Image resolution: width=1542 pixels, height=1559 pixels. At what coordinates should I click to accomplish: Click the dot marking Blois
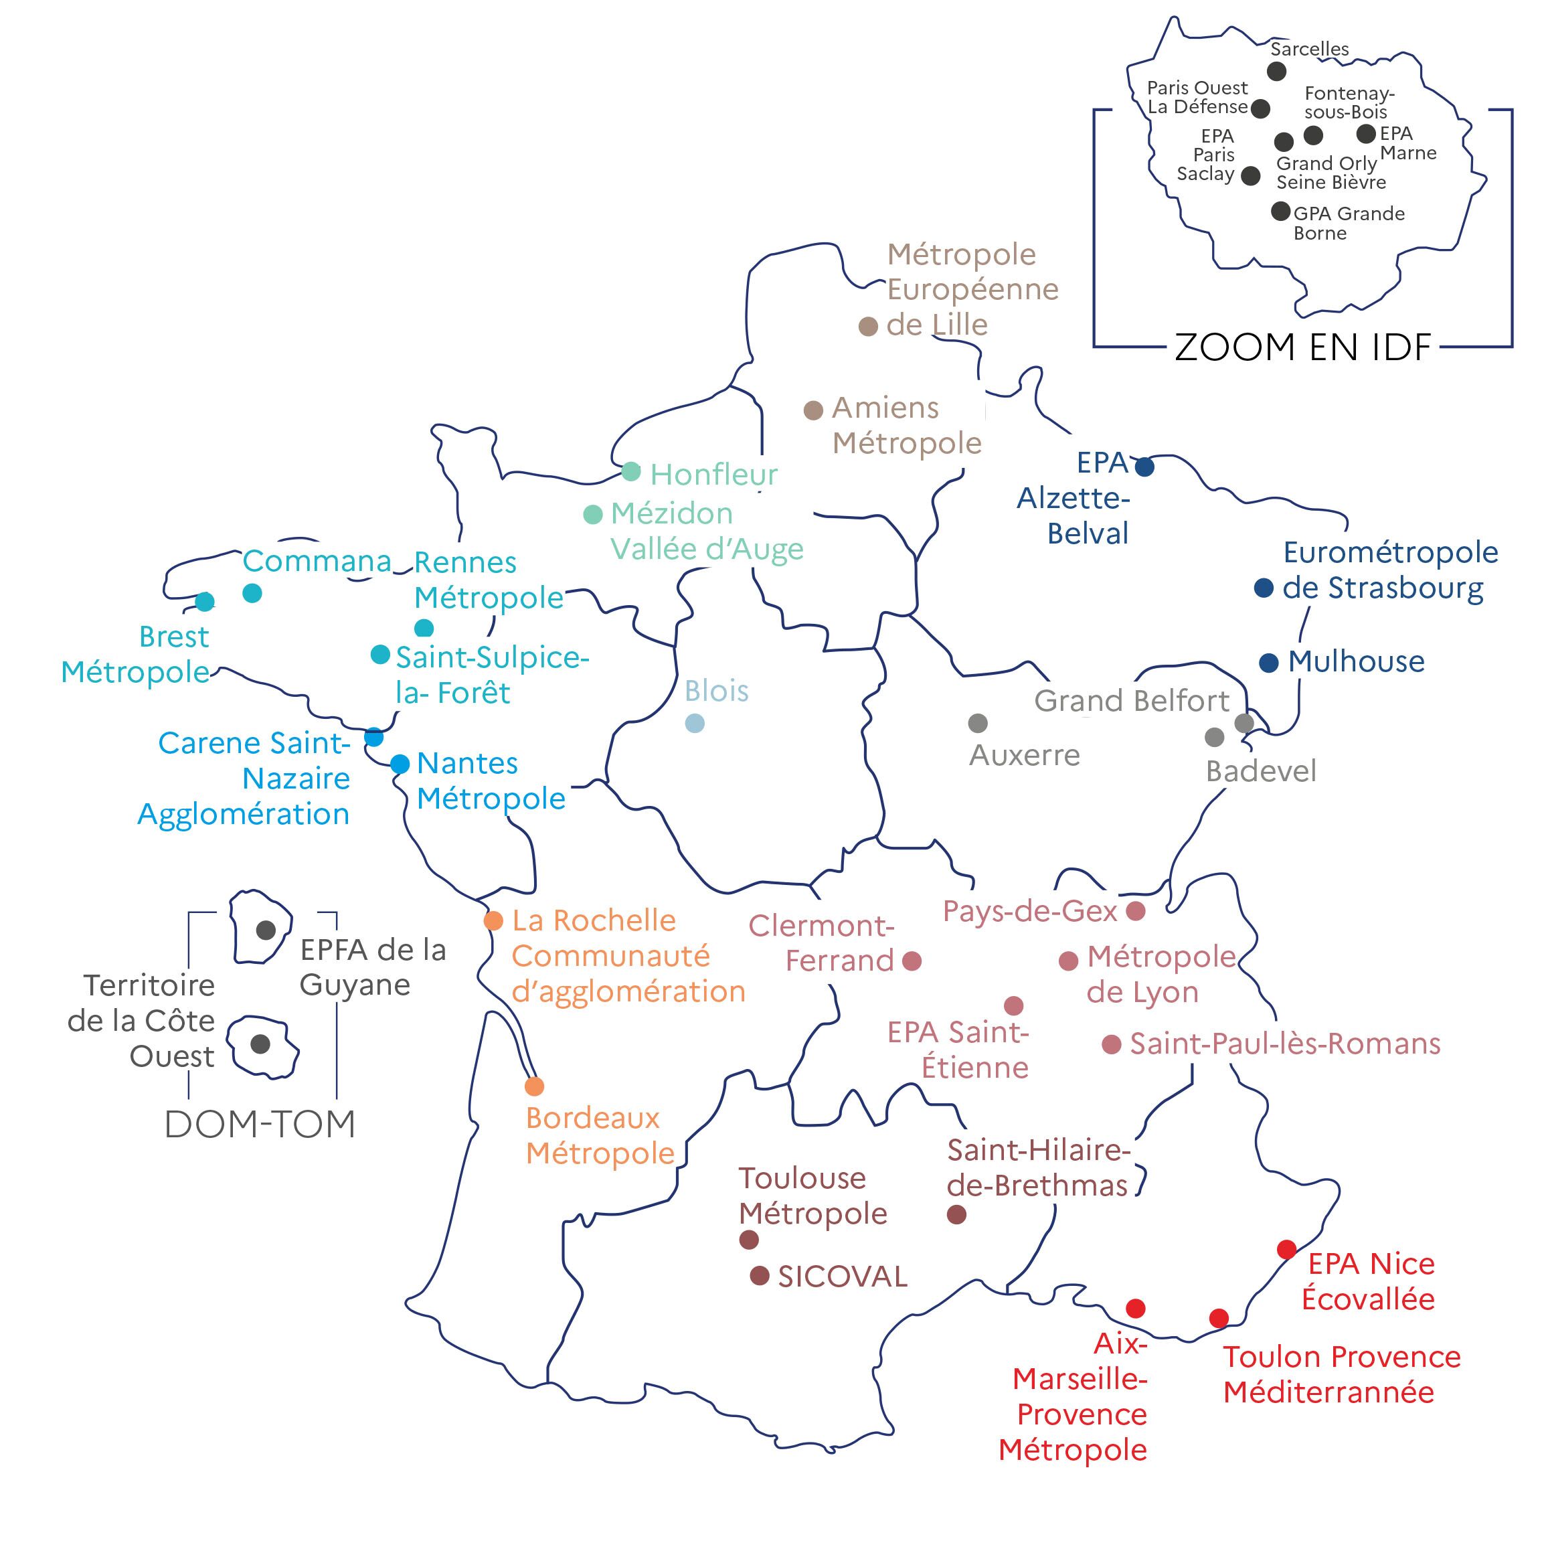(x=695, y=723)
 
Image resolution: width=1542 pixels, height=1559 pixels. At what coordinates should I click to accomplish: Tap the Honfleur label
(x=713, y=475)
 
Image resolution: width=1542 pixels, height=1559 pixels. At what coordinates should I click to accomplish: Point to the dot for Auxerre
(x=977, y=723)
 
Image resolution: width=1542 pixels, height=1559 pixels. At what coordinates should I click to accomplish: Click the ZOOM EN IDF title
(x=1302, y=347)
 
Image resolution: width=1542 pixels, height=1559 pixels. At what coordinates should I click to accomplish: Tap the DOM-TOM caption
(x=260, y=1124)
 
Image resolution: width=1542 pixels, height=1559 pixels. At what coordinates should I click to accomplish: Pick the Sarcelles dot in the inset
(x=1276, y=71)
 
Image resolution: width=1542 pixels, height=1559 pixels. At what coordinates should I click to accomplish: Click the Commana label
(x=317, y=561)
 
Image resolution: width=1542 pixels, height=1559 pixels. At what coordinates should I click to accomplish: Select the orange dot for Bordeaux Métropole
(x=534, y=1086)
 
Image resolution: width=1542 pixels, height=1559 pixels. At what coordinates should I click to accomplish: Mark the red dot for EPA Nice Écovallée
(x=1286, y=1249)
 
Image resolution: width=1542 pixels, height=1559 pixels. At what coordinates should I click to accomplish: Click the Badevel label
(x=1260, y=771)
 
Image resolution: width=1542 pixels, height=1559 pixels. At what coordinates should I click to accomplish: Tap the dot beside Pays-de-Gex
(x=1135, y=911)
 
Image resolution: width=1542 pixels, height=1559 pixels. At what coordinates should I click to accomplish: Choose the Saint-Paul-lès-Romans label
(x=1284, y=1044)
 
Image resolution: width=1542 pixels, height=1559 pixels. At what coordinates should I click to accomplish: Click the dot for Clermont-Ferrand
(x=912, y=961)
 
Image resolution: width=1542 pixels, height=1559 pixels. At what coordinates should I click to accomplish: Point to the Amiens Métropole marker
(x=813, y=410)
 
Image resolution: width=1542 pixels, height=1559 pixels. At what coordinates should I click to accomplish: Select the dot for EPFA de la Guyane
(x=266, y=930)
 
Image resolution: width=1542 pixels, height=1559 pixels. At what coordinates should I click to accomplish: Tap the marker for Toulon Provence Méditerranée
(x=1219, y=1318)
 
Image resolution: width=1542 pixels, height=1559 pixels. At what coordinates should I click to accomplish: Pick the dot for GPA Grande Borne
(x=1280, y=212)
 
